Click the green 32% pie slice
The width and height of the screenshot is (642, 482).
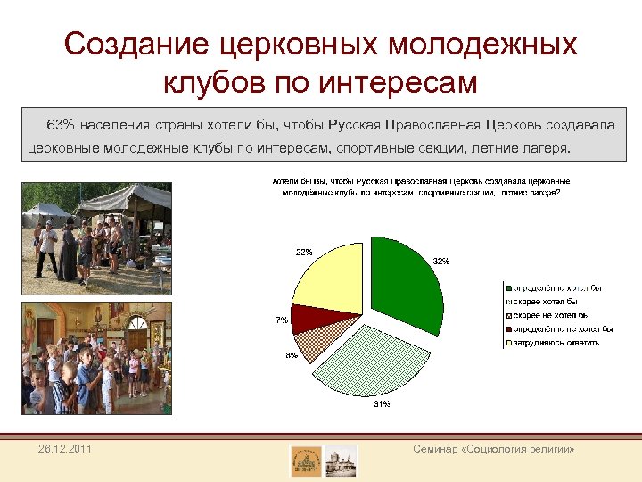406,284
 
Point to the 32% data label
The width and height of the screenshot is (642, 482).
440,262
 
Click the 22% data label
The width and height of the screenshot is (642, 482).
304,252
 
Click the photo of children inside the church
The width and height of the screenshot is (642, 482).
95,358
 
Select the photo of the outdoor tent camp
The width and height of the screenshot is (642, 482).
95,236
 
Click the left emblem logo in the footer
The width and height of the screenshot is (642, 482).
306,461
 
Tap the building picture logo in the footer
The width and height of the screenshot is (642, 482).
342,461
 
